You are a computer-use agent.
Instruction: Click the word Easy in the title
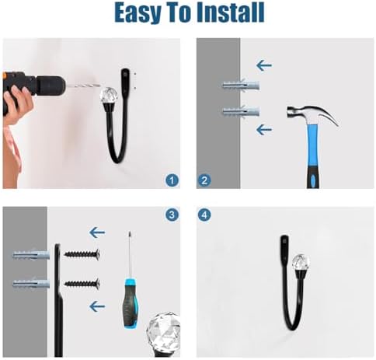coord(138,12)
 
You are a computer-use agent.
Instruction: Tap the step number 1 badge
coord(172,180)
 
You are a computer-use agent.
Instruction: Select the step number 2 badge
coord(204,180)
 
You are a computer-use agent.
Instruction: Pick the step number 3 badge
coord(172,215)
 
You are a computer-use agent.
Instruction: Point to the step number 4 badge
coord(204,215)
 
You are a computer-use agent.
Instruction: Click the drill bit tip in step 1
coord(101,86)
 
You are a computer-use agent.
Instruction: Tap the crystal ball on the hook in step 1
coord(109,96)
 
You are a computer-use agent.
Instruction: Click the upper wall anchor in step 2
coord(241,85)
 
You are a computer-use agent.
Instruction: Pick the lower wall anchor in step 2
coord(241,112)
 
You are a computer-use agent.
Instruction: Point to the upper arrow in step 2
coord(264,65)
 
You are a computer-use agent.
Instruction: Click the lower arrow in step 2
coord(264,130)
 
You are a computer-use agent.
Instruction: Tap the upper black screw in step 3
coord(82,253)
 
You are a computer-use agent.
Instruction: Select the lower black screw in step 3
coord(82,283)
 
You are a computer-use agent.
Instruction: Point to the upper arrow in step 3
coord(97,232)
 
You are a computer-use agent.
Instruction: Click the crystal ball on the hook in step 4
coord(301,263)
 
